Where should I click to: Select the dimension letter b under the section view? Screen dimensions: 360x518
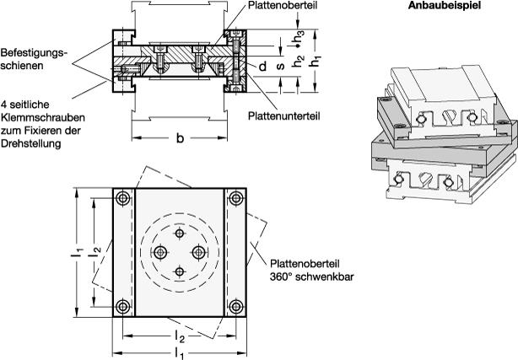coord(179,139)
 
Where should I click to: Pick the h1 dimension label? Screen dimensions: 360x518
coord(316,62)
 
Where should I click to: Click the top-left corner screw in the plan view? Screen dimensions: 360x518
coord(124,199)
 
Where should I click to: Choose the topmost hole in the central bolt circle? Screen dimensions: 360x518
coord(180,234)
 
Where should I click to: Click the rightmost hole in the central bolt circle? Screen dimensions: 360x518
coord(199,252)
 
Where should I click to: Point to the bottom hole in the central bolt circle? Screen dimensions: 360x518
coord(180,271)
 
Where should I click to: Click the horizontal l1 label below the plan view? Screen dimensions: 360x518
coord(180,352)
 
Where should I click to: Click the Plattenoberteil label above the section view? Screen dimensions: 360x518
coord(282,6)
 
